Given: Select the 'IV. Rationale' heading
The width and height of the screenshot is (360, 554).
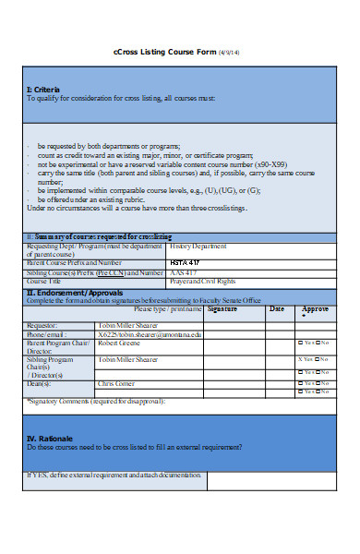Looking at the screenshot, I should click(x=50, y=438).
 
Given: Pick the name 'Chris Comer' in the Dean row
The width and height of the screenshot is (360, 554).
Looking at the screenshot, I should click(x=117, y=383).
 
